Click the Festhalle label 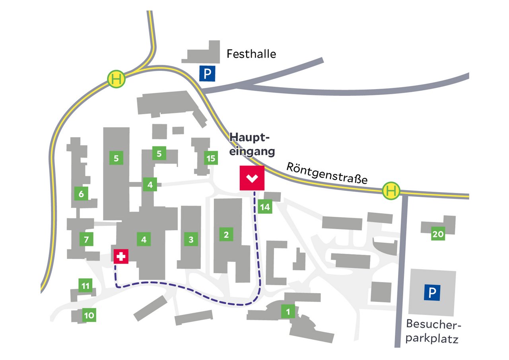[251, 54]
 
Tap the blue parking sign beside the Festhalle [207, 73]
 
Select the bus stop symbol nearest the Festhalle [117, 79]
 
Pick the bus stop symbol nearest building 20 [391, 191]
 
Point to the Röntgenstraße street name [326, 173]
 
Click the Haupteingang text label [253, 145]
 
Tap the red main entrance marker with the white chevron [252, 178]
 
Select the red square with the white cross [121, 257]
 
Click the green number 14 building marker [265, 207]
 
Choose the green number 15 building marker [211, 158]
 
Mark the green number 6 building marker [81, 194]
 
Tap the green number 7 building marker [86, 240]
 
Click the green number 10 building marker [89, 316]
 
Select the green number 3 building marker [191, 239]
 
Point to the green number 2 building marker [226, 234]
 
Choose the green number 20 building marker [438, 234]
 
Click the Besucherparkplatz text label [433, 332]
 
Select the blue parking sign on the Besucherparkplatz [432, 293]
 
